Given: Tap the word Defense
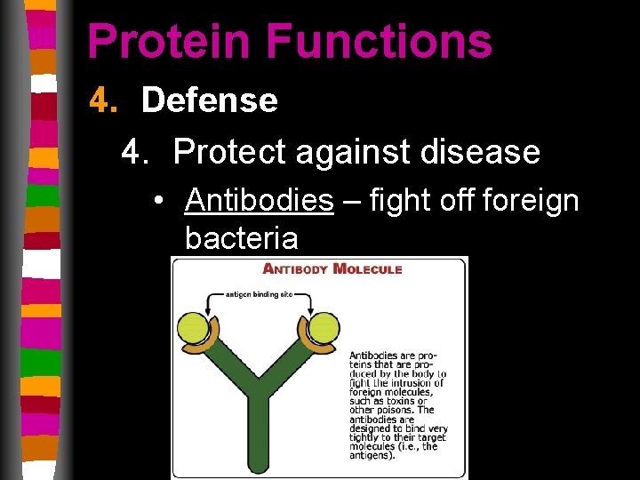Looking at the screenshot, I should pyautogui.click(x=209, y=100).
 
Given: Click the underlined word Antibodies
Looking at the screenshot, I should pyautogui.click(x=259, y=201).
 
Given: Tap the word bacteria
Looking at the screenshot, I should pyautogui.click(x=241, y=238).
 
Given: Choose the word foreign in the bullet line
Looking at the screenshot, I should pyautogui.click(x=530, y=201).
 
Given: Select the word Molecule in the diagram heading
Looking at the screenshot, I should pyautogui.click(x=367, y=269).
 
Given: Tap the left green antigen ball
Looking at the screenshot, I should pyautogui.click(x=196, y=328).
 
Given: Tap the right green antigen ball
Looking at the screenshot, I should pyautogui.click(x=321, y=328).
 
